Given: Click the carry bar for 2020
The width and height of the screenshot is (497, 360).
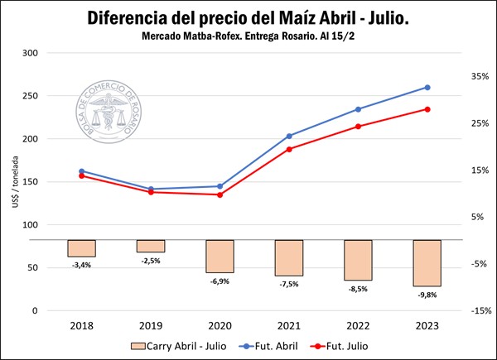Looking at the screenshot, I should pyautogui.click(x=220, y=257).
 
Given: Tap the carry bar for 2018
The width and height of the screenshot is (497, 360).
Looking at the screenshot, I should pyautogui.click(x=81, y=248).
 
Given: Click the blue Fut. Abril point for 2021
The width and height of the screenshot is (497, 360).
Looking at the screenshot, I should pyautogui.click(x=289, y=136).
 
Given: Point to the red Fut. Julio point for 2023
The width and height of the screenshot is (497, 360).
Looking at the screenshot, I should pyautogui.click(x=427, y=109).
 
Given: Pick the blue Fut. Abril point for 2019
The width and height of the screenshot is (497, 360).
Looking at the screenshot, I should pyautogui.click(x=151, y=190).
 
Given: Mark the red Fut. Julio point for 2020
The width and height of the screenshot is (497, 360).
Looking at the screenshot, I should pyautogui.click(x=220, y=194).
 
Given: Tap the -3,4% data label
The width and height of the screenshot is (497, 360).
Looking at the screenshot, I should pyautogui.click(x=81, y=265).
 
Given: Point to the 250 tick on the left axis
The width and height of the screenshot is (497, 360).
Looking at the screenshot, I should pyautogui.click(x=30, y=96).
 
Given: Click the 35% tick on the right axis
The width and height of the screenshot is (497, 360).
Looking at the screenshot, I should pyautogui.click(x=480, y=76).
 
